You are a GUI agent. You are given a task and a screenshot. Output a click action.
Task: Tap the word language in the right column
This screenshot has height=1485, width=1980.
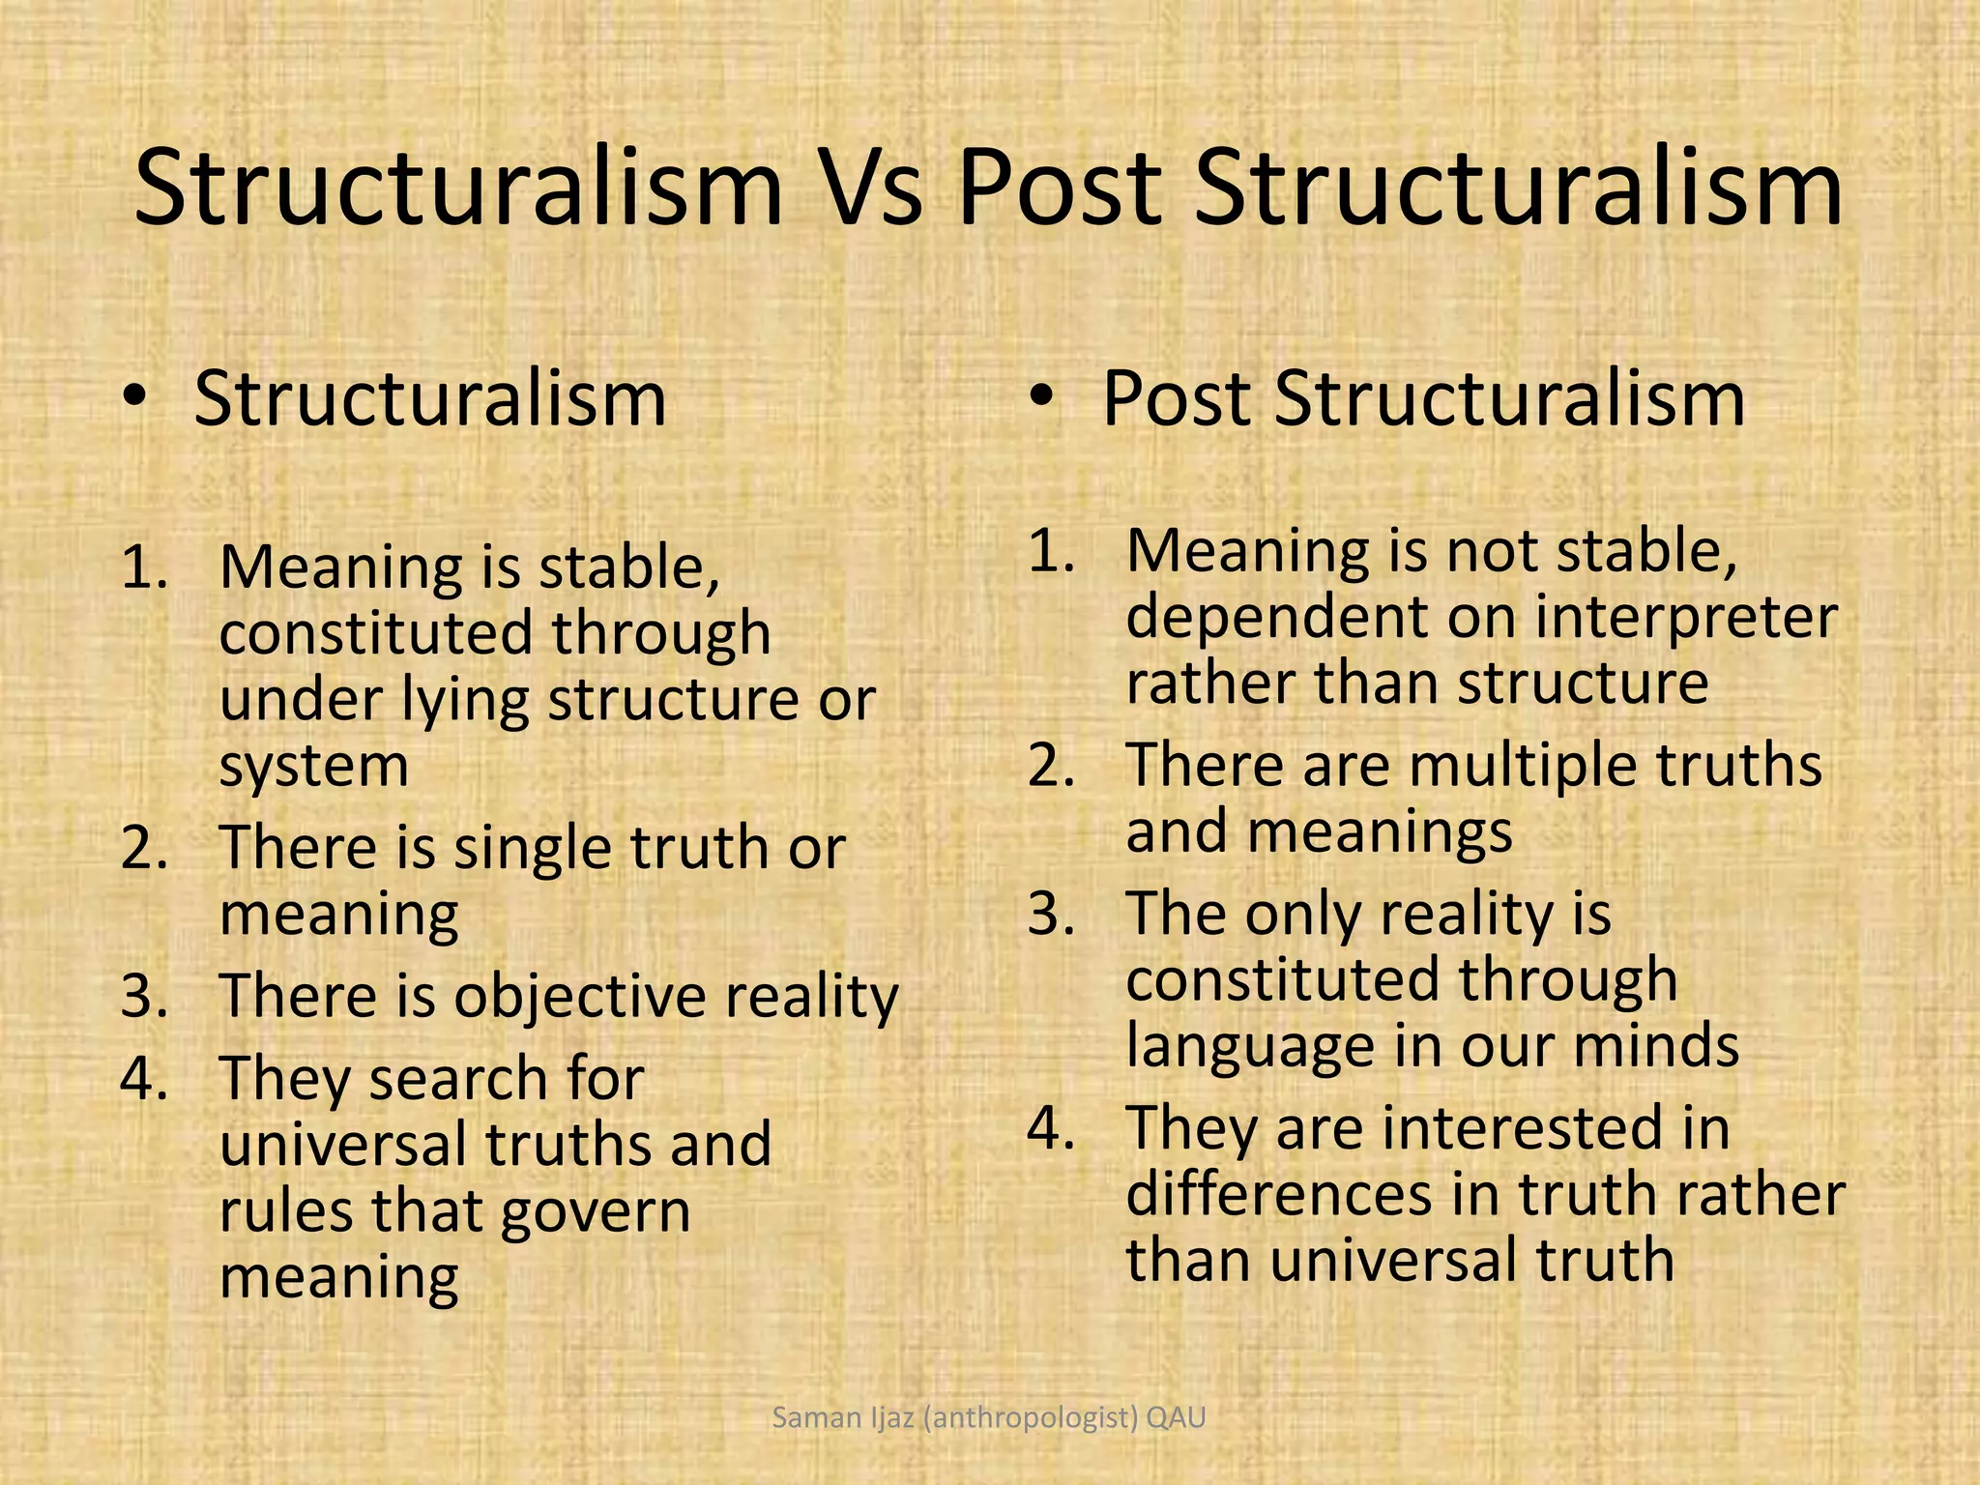tap(1254, 1046)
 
